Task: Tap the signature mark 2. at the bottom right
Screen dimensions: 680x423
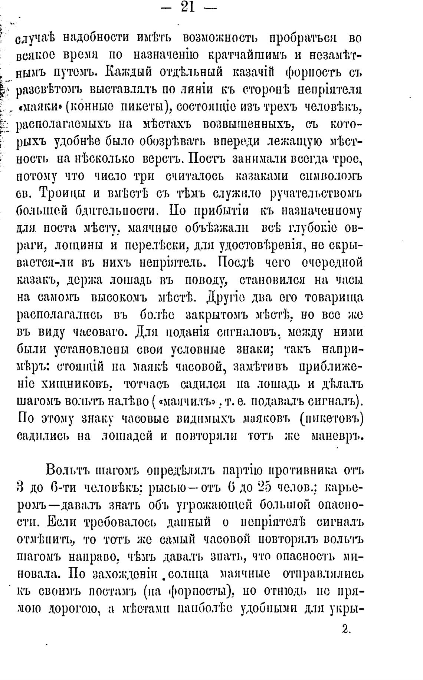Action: [346, 629]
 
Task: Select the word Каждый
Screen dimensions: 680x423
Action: [126, 72]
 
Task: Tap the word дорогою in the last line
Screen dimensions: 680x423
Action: [77, 610]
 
